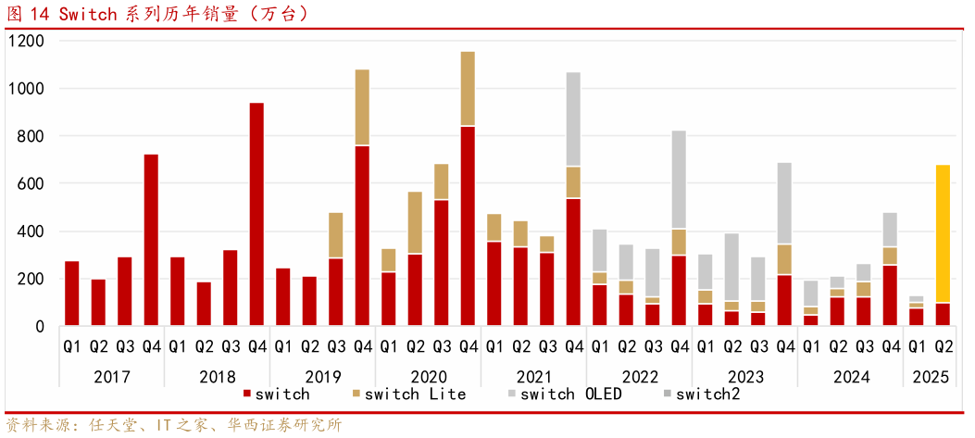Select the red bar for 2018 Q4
point(256,215)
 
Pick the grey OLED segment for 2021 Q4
point(573,119)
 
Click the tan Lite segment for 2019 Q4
point(362,107)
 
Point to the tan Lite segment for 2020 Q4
point(468,89)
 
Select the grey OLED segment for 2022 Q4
point(679,180)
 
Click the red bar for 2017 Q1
point(72,294)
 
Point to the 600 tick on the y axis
point(31,184)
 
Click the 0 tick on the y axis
point(39,327)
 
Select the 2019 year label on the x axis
point(322,377)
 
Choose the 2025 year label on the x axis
point(931,377)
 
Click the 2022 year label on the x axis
point(639,377)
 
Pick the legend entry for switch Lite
point(413,394)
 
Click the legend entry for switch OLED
point(569,394)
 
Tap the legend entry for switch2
point(707,394)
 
